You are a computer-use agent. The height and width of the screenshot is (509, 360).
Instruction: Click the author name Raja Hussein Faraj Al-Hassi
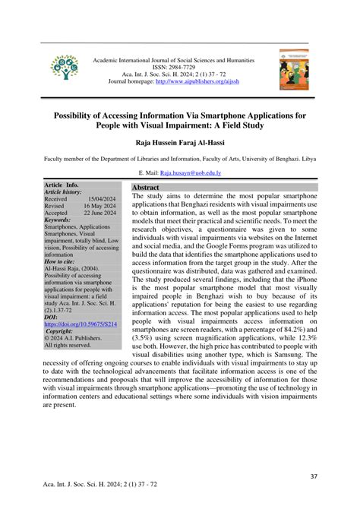click(179, 143)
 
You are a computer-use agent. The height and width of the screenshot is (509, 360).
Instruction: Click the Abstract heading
click(146, 187)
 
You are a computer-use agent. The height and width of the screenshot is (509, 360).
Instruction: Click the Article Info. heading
click(62, 185)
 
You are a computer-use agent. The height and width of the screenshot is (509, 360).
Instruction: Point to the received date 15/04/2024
click(99, 199)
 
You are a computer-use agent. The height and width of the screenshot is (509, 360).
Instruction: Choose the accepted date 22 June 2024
click(99, 213)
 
